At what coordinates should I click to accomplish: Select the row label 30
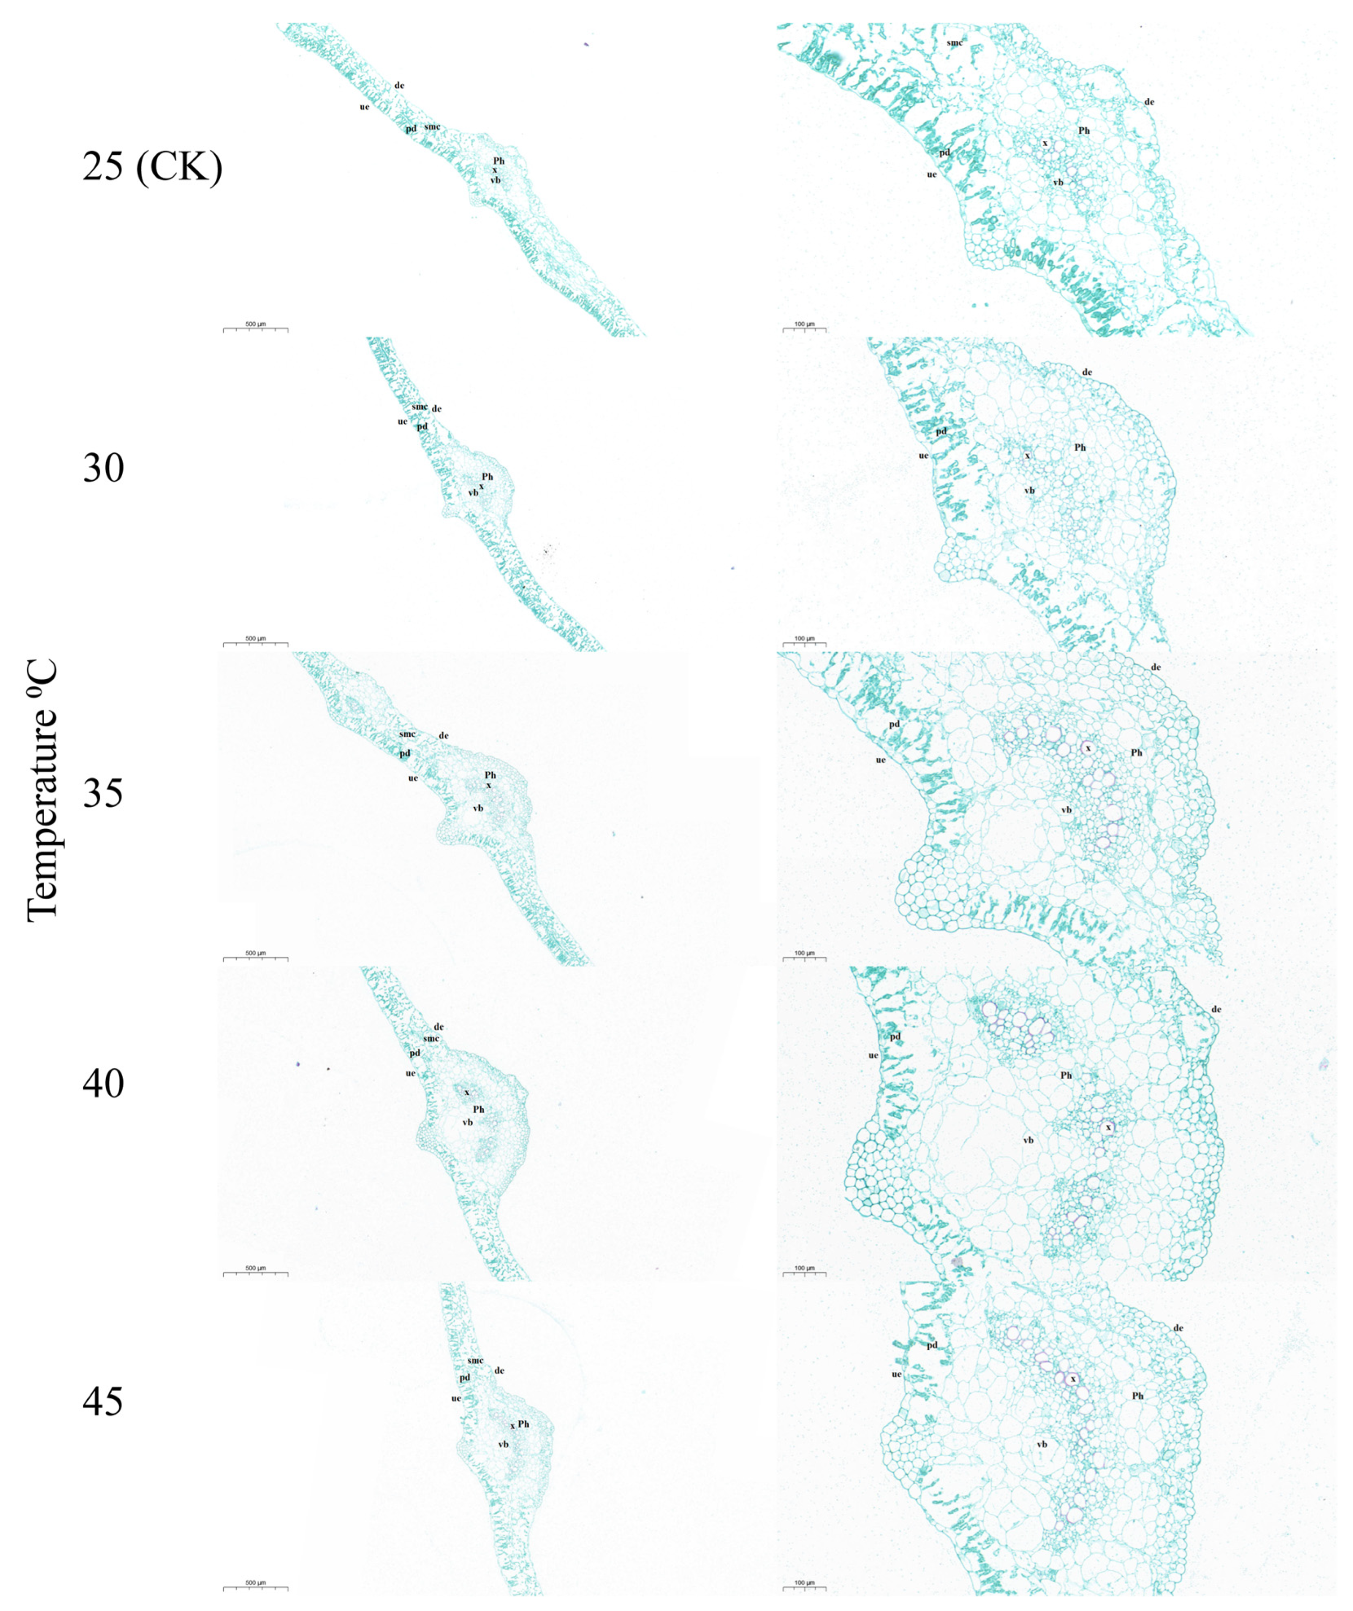[x=103, y=467]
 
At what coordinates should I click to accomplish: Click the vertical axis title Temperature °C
[x=42, y=790]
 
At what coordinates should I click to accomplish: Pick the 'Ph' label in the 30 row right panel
[x=1080, y=447]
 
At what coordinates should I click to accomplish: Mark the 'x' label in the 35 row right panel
[x=1087, y=747]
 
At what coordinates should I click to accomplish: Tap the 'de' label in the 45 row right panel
[x=1178, y=1328]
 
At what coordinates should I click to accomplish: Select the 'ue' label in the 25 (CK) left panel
[x=364, y=106]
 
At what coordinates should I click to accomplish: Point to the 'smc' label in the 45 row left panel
[x=475, y=1361]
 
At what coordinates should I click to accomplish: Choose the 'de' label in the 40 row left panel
[x=439, y=1026]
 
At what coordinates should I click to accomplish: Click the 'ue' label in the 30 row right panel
[x=924, y=456]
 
